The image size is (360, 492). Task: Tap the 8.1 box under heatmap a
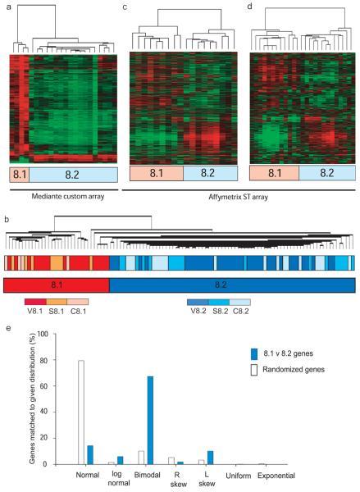click(18, 174)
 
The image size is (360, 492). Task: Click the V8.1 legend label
click(34, 311)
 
